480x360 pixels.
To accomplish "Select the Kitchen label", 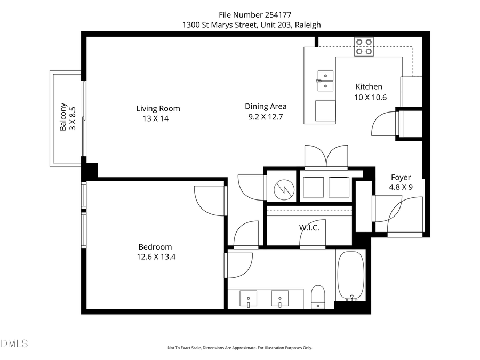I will click(x=369, y=86).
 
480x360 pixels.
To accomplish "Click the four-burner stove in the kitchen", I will click(x=365, y=47).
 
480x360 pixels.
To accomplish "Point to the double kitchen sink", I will click(x=325, y=80).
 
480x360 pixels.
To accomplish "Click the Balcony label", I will click(x=63, y=117).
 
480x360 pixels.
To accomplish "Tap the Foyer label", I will click(x=401, y=178).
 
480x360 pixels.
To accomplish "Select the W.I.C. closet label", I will click(x=309, y=228).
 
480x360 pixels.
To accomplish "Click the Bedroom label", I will click(x=155, y=247).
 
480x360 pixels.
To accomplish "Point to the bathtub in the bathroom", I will click(x=350, y=276).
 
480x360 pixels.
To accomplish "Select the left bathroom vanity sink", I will click(x=249, y=297).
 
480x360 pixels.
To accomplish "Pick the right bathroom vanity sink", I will click(x=279, y=297).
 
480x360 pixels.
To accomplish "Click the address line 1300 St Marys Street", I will click(x=251, y=25).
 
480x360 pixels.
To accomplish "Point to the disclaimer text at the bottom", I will click(x=240, y=348).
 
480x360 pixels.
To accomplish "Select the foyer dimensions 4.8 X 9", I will click(x=401, y=187).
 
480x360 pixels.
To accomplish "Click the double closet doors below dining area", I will click(x=326, y=157).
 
